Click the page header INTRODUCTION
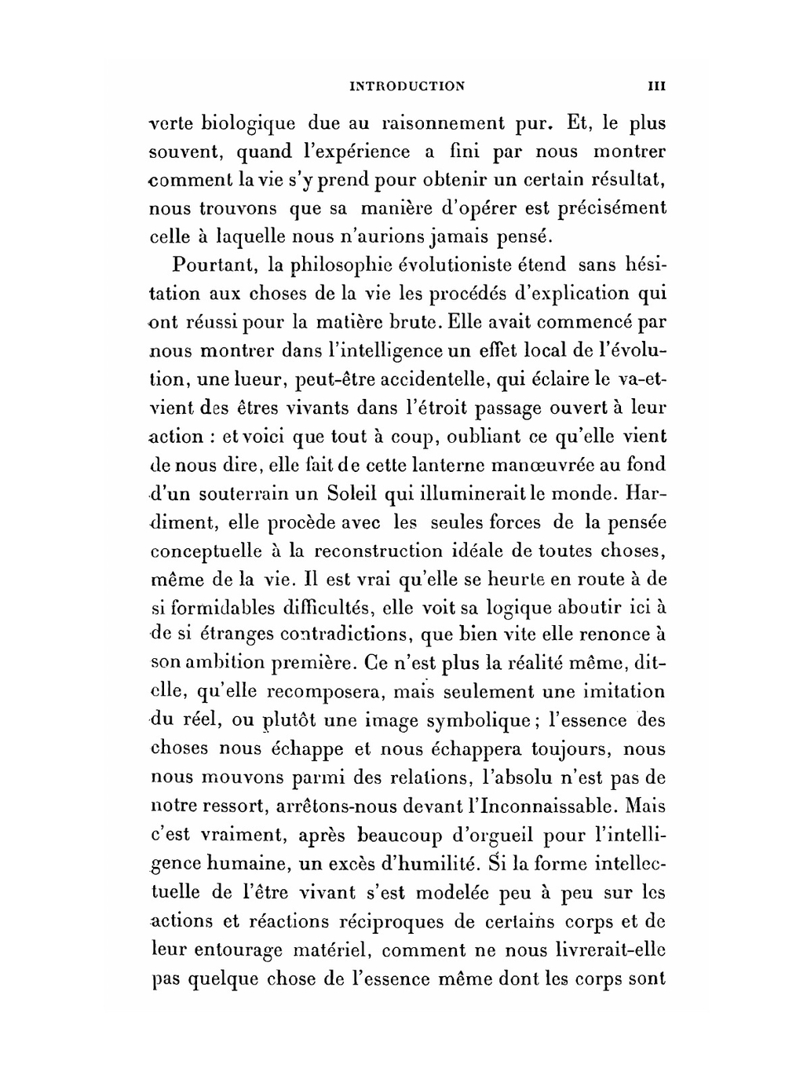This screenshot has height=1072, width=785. click(407, 86)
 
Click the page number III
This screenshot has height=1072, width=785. click(656, 86)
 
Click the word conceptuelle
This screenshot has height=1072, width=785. click(202, 551)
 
